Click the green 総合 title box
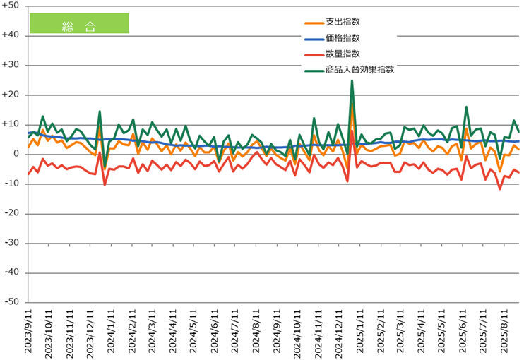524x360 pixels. tap(79, 23)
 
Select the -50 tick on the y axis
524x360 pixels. tap(13, 302)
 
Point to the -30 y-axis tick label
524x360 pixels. tap(13, 243)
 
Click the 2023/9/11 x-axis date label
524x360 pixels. tap(30, 332)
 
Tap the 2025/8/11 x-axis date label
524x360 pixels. tap(504, 332)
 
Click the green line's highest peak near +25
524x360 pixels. tap(352, 80)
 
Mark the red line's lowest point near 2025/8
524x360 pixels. tap(500, 188)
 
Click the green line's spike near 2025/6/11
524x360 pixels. tap(467, 107)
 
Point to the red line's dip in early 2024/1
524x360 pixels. tap(105, 185)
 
